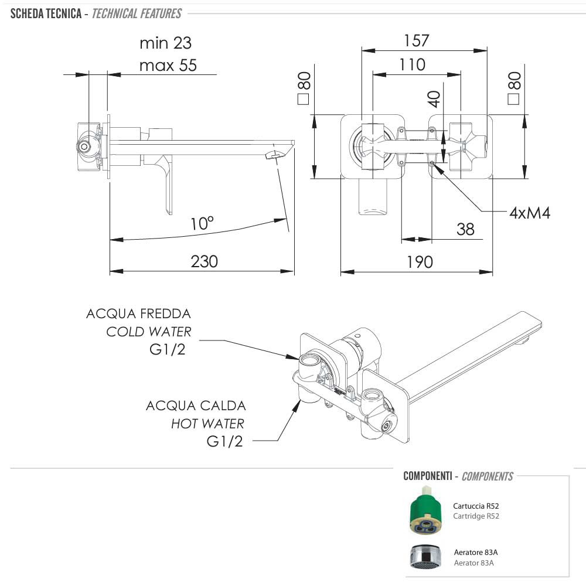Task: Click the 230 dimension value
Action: tap(204, 261)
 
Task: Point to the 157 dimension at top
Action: tap(417, 40)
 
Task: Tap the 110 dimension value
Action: tap(412, 64)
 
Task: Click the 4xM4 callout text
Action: tap(529, 212)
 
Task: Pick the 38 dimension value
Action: tap(465, 229)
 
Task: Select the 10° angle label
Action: tap(202, 223)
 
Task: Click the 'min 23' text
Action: tap(166, 43)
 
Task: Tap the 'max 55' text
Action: tap(168, 65)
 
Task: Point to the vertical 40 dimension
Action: tap(434, 98)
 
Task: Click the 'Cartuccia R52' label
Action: tap(476, 506)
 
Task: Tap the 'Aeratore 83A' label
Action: tap(476, 552)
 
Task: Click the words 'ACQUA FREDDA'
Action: tap(138, 314)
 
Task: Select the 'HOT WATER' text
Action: tap(207, 423)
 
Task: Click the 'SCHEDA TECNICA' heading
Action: tap(46, 13)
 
